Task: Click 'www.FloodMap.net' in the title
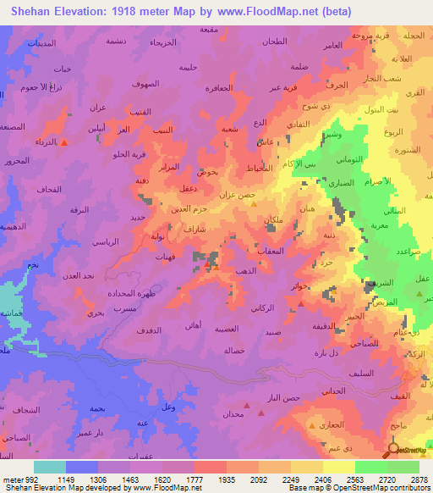(256, 11)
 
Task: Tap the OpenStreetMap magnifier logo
(393, 450)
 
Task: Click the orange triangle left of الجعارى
(312, 426)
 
